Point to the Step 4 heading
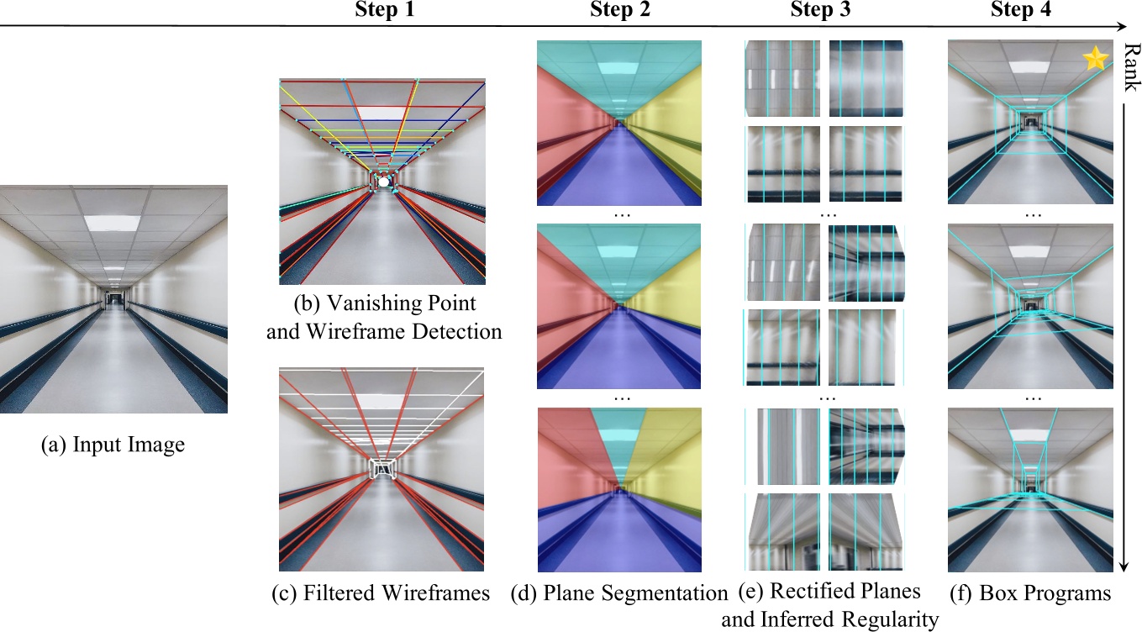(1019, 11)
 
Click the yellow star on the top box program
(1094, 59)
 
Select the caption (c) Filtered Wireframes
(381, 593)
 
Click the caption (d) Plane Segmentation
(618, 593)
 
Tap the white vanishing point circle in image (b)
(383, 181)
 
